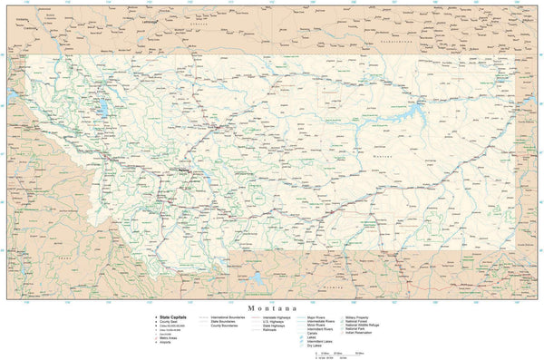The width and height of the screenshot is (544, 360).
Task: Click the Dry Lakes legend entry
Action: point(314,345)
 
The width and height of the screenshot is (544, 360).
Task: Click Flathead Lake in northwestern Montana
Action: point(102,109)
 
